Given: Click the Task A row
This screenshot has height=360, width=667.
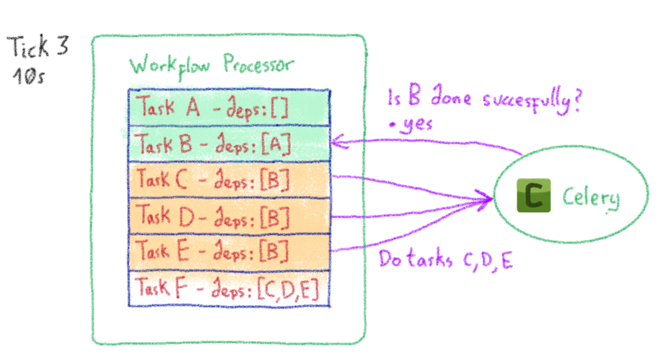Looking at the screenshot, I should (229, 108).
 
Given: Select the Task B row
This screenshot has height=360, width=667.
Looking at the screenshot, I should (229, 144).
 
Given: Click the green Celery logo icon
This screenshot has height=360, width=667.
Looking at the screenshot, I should (533, 196).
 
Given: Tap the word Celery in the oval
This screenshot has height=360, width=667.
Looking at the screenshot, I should (591, 198).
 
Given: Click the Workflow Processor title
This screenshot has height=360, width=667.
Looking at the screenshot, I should (211, 66).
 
